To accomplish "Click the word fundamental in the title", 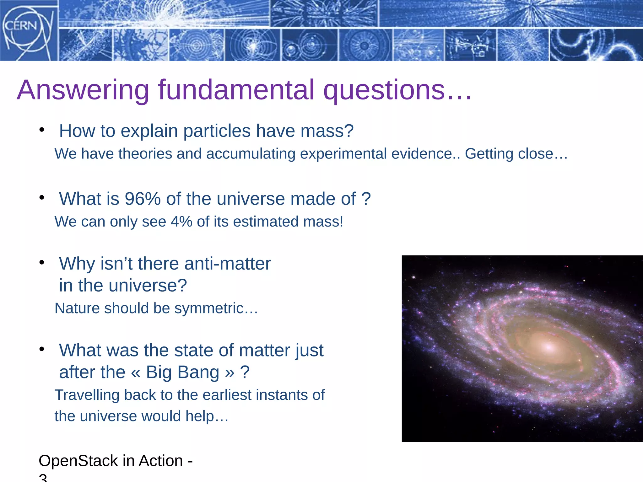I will pyautogui.click(x=236, y=90).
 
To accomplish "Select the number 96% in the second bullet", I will pyautogui.click(x=143, y=199).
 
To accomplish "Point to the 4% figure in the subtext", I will pyautogui.click(x=181, y=222).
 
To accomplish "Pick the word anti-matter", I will pyautogui.click(x=227, y=264).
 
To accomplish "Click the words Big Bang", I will pyautogui.click(x=182, y=372).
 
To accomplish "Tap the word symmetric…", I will pyautogui.click(x=216, y=308).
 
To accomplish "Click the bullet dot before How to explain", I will pyautogui.click(x=42, y=130).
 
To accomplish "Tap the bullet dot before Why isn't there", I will pyautogui.click(x=42, y=262).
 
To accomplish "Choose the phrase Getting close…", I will pyautogui.click(x=516, y=154).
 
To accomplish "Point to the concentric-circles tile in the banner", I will pyautogui.click(x=197, y=45).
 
